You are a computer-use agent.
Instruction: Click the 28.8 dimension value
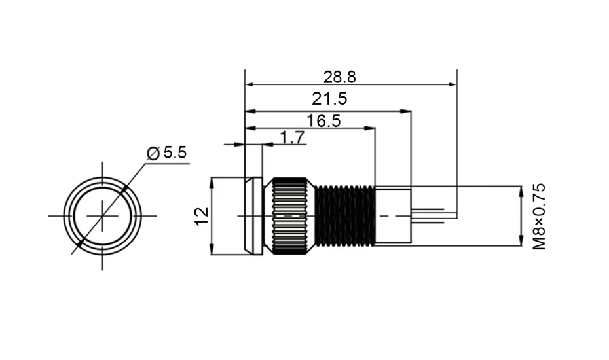coord(339,77)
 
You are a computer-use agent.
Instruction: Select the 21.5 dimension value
coord(329,99)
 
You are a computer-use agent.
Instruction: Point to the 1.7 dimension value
coord(292,137)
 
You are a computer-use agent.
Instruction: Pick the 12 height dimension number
coord(202,215)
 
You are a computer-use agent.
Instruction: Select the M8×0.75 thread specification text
coord(539,216)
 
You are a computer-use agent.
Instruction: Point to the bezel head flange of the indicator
coord(253,215)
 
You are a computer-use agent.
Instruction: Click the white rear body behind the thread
coord(393,215)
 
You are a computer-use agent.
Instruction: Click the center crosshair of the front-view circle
coord(103,215)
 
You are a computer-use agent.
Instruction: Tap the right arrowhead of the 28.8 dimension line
coord(452,84)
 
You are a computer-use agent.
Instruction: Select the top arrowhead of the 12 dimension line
coord(212,181)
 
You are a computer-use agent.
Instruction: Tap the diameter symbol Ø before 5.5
coord(154,153)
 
